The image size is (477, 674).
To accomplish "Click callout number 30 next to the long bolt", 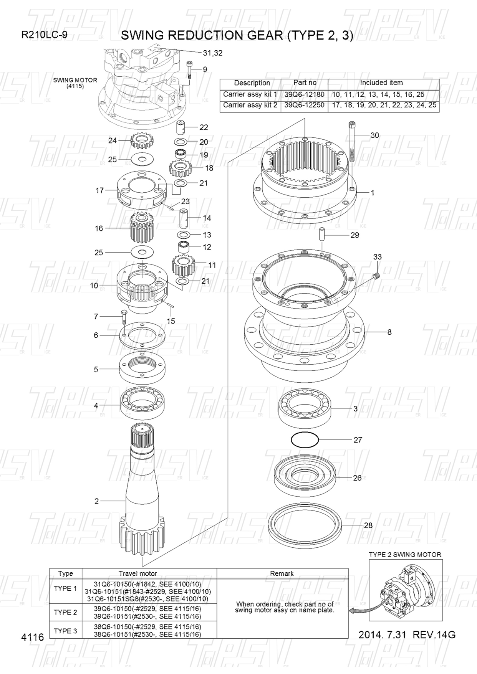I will point(374,135).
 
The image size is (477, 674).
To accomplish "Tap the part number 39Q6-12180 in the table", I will point(305,94).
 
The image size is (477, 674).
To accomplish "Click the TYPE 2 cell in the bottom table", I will point(65,612).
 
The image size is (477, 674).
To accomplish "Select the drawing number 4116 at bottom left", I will point(33,638).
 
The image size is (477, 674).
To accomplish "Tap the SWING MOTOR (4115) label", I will point(75,83).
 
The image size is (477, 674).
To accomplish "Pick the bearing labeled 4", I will point(143,403).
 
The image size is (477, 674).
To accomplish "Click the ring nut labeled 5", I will point(143,369).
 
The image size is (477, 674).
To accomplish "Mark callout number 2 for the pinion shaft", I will point(96,501).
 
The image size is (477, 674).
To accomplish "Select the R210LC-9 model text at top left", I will point(44,35).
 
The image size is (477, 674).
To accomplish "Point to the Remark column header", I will point(282,573).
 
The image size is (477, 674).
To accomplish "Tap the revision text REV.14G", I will point(434,635).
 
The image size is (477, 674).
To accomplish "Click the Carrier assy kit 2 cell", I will point(250,105).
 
